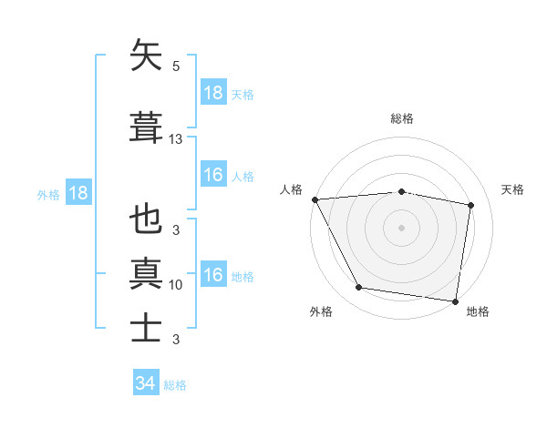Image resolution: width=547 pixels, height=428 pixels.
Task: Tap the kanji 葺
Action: point(147,127)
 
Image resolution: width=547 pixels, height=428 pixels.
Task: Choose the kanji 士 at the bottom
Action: point(147,327)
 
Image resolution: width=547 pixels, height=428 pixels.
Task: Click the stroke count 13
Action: point(176,139)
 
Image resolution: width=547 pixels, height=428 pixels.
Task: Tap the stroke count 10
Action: point(176,285)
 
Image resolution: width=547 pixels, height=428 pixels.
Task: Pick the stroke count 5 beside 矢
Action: point(176,66)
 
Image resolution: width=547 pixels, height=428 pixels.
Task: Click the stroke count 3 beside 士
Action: point(176,340)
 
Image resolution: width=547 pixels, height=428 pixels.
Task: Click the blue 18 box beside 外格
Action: point(77,193)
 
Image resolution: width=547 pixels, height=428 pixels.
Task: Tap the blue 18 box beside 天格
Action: point(212,93)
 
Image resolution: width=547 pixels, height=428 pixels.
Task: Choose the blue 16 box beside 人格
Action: point(212,175)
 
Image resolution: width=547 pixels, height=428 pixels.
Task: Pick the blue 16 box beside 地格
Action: point(212,275)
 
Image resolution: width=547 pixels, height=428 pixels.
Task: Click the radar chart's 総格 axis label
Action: point(402,118)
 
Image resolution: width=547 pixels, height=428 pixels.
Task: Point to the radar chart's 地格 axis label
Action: point(478,311)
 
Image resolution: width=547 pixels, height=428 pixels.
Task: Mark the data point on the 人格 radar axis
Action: point(315,199)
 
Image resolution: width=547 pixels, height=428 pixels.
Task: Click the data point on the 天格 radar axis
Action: point(471,205)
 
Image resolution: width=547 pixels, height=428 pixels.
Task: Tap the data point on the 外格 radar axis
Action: point(359,289)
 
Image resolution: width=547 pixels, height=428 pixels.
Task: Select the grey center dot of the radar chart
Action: point(402,228)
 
